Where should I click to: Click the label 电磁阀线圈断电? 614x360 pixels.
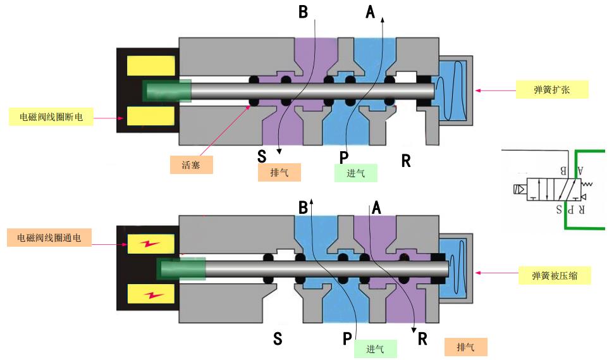51,116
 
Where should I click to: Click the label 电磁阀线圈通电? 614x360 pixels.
49,237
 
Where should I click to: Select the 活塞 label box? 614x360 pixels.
191,164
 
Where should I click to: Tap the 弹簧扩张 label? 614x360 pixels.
552,90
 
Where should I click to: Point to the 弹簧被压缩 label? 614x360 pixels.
555,275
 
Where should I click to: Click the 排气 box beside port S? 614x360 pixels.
279,172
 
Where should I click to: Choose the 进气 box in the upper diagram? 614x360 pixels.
355,173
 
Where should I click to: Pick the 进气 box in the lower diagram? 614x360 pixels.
375,349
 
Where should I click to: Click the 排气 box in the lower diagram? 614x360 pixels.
465,347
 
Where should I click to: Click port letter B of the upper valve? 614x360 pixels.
303,12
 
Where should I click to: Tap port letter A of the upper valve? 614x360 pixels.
370,12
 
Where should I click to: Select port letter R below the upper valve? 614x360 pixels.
406,161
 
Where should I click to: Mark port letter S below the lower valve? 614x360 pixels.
278,338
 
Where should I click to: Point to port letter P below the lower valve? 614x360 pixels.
347,338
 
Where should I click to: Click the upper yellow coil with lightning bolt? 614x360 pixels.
150,244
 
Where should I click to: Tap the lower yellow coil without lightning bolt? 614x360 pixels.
150,116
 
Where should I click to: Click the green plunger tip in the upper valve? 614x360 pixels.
167,90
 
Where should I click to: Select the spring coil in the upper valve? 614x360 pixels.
450,91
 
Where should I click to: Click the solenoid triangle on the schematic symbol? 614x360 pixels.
520,190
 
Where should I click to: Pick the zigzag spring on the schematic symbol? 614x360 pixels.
587,183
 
